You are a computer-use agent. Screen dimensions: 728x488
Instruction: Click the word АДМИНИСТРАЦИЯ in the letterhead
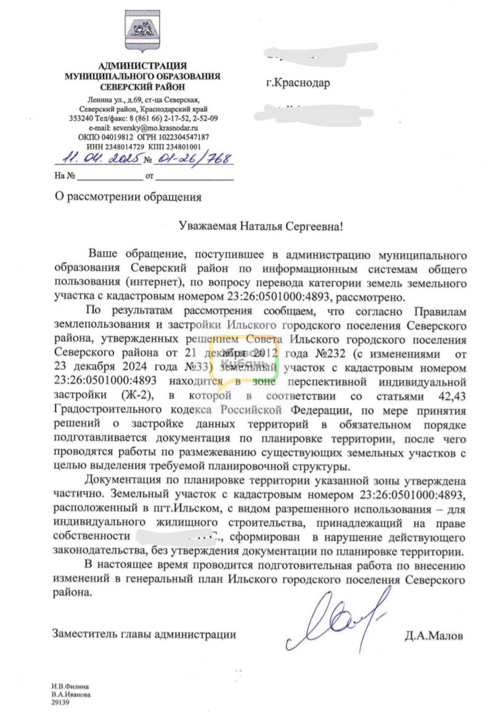pos(142,65)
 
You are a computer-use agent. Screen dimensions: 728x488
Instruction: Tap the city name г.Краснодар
pos(298,83)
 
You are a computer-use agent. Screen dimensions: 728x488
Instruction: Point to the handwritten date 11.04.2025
pos(97,159)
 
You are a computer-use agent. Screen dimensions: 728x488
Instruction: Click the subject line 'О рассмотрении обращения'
pos(128,198)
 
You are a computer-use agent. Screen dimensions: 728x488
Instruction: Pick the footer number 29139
pos(61,700)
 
